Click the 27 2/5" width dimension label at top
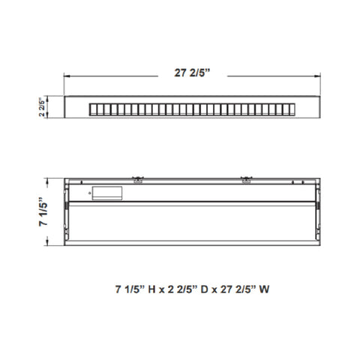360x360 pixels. pos(192,73)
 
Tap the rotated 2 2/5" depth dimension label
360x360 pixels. pos(42,107)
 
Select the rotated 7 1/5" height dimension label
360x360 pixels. pos(43,211)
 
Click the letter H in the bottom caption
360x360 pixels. pos(151,289)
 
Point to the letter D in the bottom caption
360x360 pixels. pos(204,289)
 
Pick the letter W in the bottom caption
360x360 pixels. pos(264,289)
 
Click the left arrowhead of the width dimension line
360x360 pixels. pos(67,76)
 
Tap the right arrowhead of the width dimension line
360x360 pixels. pos(318,76)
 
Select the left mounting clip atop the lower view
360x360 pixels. pos(138,179)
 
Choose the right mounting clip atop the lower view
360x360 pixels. pos(247,179)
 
